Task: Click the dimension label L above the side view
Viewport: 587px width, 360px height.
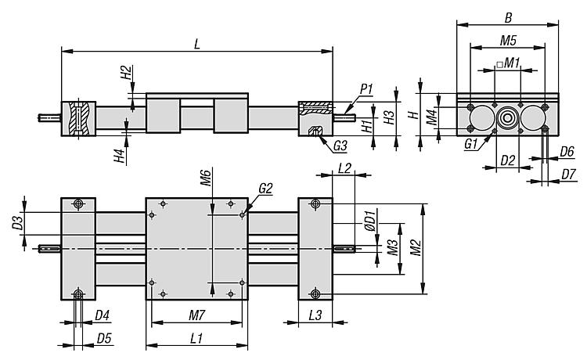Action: click(197, 44)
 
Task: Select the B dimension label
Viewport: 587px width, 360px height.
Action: click(508, 17)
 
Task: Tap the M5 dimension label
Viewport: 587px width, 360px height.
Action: click(508, 40)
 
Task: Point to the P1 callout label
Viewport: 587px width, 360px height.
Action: click(366, 89)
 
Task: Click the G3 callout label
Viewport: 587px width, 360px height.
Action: click(340, 146)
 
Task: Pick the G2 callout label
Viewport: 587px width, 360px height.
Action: click(265, 189)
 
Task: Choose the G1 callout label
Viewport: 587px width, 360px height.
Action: click(471, 144)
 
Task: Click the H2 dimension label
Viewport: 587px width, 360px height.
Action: click(126, 73)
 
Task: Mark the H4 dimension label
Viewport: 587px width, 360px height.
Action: click(120, 156)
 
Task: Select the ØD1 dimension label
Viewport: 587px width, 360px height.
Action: click(370, 223)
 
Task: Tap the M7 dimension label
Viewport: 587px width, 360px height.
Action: click(196, 315)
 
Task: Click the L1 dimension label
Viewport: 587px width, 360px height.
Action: click(196, 339)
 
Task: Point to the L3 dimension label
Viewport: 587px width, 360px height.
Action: click(315, 315)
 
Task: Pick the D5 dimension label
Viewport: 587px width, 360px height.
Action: click(104, 339)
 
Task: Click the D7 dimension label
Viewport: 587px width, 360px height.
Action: click(568, 175)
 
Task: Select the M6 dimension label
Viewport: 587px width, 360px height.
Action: click(206, 178)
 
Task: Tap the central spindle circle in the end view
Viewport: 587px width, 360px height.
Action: click(507, 118)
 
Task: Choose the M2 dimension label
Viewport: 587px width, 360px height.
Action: click(416, 248)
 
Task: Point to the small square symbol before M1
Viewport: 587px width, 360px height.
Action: click(499, 65)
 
